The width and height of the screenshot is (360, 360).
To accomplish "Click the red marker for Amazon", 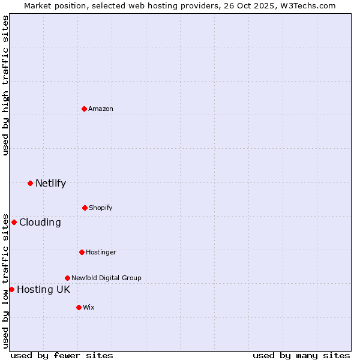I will click(85, 109).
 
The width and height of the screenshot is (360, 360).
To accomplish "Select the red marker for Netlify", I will click(30, 183).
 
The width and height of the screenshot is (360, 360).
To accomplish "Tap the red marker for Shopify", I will click(85, 208).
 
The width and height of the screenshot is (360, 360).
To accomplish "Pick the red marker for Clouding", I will click(14, 222).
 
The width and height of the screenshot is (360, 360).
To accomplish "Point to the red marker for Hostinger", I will click(82, 252).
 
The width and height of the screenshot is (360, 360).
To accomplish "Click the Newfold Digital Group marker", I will click(67, 278).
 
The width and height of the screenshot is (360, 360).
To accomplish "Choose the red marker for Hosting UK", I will click(11, 289).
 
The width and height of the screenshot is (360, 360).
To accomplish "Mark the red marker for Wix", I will click(79, 307).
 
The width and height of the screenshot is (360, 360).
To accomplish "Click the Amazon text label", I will click(101, 109).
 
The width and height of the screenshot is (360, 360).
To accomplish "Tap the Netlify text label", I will click(50, 183).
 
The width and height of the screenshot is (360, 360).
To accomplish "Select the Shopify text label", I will click(101, 208).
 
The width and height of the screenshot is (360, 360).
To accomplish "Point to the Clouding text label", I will click(40, 222).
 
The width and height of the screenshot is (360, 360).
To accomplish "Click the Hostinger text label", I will click(101, 252).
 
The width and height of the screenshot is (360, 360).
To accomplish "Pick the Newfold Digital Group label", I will click(106, 278).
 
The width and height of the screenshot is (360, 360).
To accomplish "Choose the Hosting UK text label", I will click(43, 289).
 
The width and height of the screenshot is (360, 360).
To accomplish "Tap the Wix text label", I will click(89, 307).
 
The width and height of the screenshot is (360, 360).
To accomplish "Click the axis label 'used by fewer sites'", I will click(62, 355).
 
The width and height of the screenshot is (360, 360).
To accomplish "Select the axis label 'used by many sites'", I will click(301, 355).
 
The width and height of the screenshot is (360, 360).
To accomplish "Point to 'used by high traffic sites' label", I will click(5, 85).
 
